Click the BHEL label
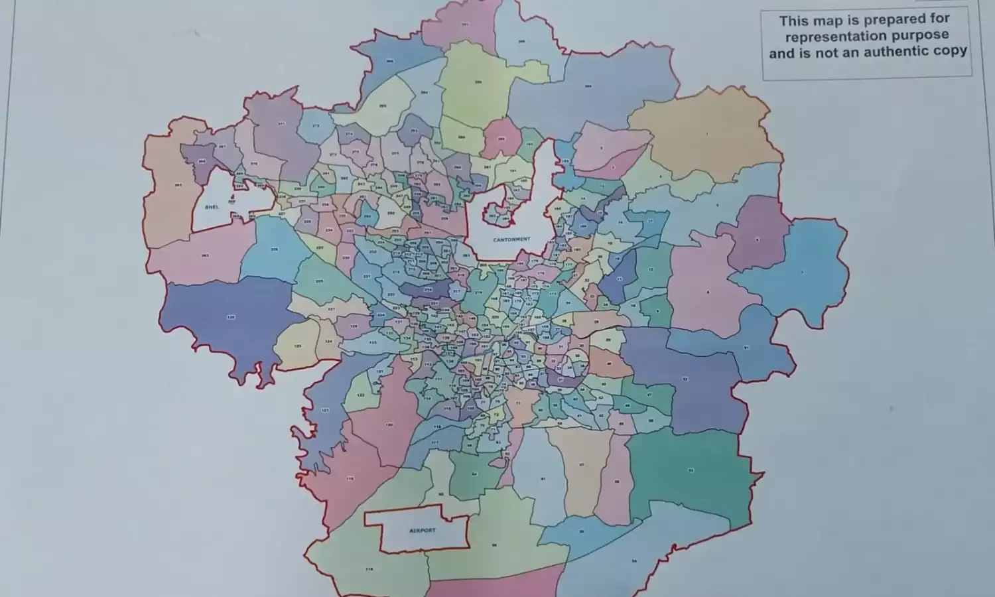(212, 207)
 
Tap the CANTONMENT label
(511, 239)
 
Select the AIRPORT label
(423, 531)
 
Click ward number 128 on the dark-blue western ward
(231, 318)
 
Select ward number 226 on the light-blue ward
(274, 249)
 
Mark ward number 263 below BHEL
(206, 255)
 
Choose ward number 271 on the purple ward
(281, 123)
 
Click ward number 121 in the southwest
(325, 411)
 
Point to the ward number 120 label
(389, 425)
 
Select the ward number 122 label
(361, 395)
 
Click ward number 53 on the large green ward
(691, 470)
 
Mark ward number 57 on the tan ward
(582, 464)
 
